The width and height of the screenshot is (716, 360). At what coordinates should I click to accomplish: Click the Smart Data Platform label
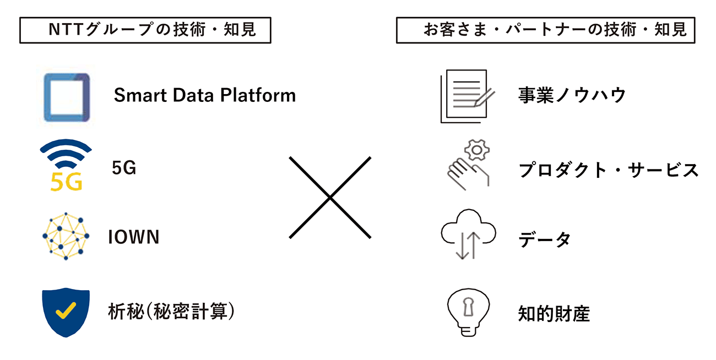pyautogui.click(x=205, y=95)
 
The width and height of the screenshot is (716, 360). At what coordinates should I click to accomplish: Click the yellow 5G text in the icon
pyautogui.click(x=66, y=182)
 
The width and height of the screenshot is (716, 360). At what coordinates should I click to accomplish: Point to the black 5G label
pyautogui.click(x=124, y=168)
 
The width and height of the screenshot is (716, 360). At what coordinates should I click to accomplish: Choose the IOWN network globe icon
pyautogui.click(x=66, y=236)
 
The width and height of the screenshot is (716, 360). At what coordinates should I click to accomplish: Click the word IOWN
pyautogui.click(x=134, y=237)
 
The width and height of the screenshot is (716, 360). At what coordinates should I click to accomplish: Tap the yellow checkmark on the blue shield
pyautogui.click(x=66, y=310)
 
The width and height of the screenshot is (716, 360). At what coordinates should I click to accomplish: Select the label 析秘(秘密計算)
pyautogui.click(x=171, y=312)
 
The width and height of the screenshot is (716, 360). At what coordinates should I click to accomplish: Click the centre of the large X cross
pyautogui.click(x=330, y=198)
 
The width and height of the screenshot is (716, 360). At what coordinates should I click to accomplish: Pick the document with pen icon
pyautogui.click(x=467, y=96)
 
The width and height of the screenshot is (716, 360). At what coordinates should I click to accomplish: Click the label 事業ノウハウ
pyautogui.click(x=572, y=95)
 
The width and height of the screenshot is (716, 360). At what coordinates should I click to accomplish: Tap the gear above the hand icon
pyautogui.click(x=476, y=150)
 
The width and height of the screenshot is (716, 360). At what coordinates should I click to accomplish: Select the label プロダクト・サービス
pyautogui.click(x=608, y=170)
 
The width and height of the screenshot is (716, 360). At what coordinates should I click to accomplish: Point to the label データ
pyautogui.click(x=545, y=239)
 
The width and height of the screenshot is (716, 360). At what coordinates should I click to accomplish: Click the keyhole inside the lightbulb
pyautogui.click(x=468, y=307)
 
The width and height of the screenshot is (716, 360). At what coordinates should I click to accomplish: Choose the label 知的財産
pyautogui.click(x=554, y=314)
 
